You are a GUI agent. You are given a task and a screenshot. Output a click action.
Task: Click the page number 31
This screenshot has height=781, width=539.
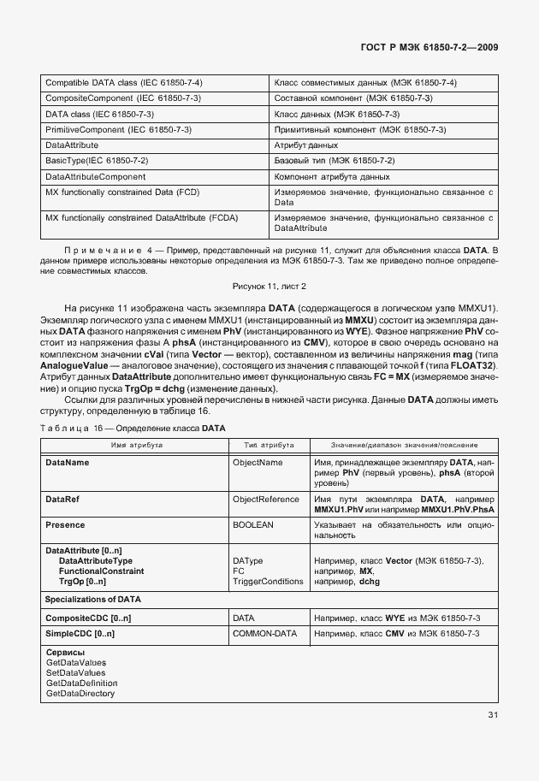[494, 714]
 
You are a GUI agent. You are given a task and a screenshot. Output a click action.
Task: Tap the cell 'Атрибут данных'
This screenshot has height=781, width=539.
[305, 145]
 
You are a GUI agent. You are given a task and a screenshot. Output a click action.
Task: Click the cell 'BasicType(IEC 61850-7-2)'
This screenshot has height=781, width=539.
[97, 161]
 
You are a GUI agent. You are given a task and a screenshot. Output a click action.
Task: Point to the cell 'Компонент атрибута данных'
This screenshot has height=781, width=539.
[331, 176]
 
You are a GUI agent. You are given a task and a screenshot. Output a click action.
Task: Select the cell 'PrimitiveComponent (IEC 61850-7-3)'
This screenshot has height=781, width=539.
[118, 129]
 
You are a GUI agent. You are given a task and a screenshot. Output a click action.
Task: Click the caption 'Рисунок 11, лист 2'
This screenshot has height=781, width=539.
[269, 286]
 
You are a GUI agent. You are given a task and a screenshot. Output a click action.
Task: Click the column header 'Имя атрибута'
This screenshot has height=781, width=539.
[133, 446]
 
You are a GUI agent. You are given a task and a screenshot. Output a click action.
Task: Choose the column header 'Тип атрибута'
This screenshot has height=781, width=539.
[269, 446]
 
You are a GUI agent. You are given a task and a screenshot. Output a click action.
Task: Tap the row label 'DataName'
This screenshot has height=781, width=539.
[67, 462]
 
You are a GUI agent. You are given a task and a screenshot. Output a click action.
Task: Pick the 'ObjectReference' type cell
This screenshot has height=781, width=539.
[266, 499]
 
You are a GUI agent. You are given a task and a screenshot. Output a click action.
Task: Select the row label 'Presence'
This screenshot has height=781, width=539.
[65, 524]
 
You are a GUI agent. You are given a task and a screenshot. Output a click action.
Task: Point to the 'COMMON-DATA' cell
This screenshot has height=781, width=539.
[264, 633]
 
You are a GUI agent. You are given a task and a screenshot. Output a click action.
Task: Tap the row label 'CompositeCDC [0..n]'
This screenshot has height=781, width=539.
[88, 617]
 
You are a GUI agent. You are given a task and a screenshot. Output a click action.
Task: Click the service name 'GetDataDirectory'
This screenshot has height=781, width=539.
[80, 693]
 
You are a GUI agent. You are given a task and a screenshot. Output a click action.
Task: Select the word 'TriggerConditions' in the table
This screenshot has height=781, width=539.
[268, 582]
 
